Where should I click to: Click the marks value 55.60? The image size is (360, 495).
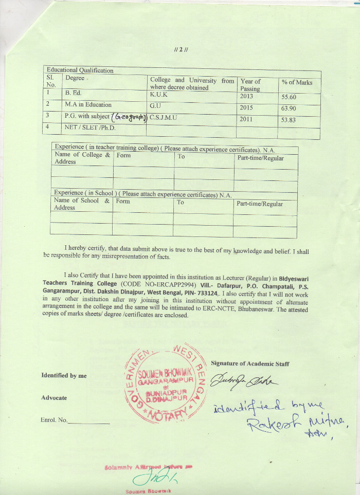tap(289, 97)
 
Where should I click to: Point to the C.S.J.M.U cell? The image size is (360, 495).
tap(163, 117)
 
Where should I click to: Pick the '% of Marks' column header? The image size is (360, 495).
tap(297, 82)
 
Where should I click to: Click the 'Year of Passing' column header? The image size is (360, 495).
tap(250, 85)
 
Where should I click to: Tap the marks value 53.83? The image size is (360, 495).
tap(289, 120)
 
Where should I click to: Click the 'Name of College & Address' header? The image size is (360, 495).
tap(82, 158)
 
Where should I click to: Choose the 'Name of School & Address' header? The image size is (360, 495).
tap(82, 204)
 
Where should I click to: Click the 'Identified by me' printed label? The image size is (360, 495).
tap(64, 376)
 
